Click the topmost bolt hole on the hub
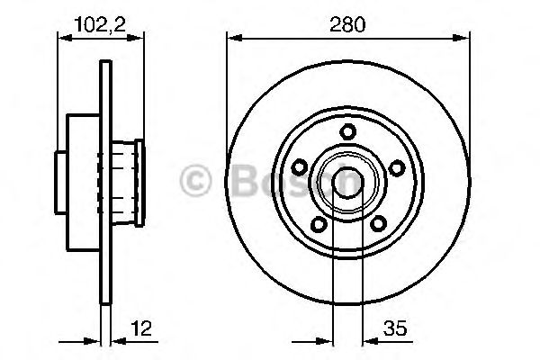[x=346, y=132]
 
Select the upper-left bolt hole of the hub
[x=301, y=165]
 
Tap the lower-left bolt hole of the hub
[x=317, y=222]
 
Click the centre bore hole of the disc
[x=346, y=182]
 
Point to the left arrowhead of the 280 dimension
[x=233, y=37]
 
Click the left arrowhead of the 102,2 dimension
[x=64, y=37]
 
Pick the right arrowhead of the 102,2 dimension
[x=139, y=37]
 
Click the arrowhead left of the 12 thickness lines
[x=92, y=342]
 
